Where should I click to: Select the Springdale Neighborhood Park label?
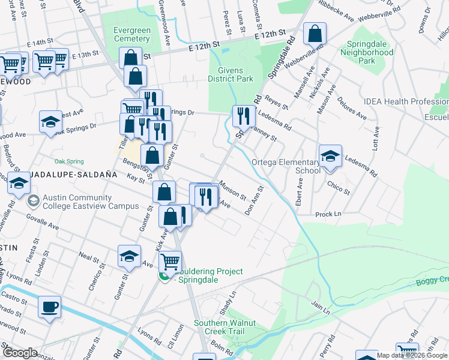tap(367, 52)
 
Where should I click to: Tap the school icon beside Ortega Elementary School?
tap(330, 157)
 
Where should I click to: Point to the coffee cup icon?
tap(49, 307)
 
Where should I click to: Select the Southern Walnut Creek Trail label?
tap(224, 327)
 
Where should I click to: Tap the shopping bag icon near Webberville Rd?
tap(315, 34)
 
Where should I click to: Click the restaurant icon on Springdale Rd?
tap(243, 115)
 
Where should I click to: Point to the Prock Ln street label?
tap(328, 214)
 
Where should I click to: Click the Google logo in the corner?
tap(20, 353)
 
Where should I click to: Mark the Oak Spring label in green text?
tap(69, 161)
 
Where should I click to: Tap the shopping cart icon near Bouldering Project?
tap(170, 262)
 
